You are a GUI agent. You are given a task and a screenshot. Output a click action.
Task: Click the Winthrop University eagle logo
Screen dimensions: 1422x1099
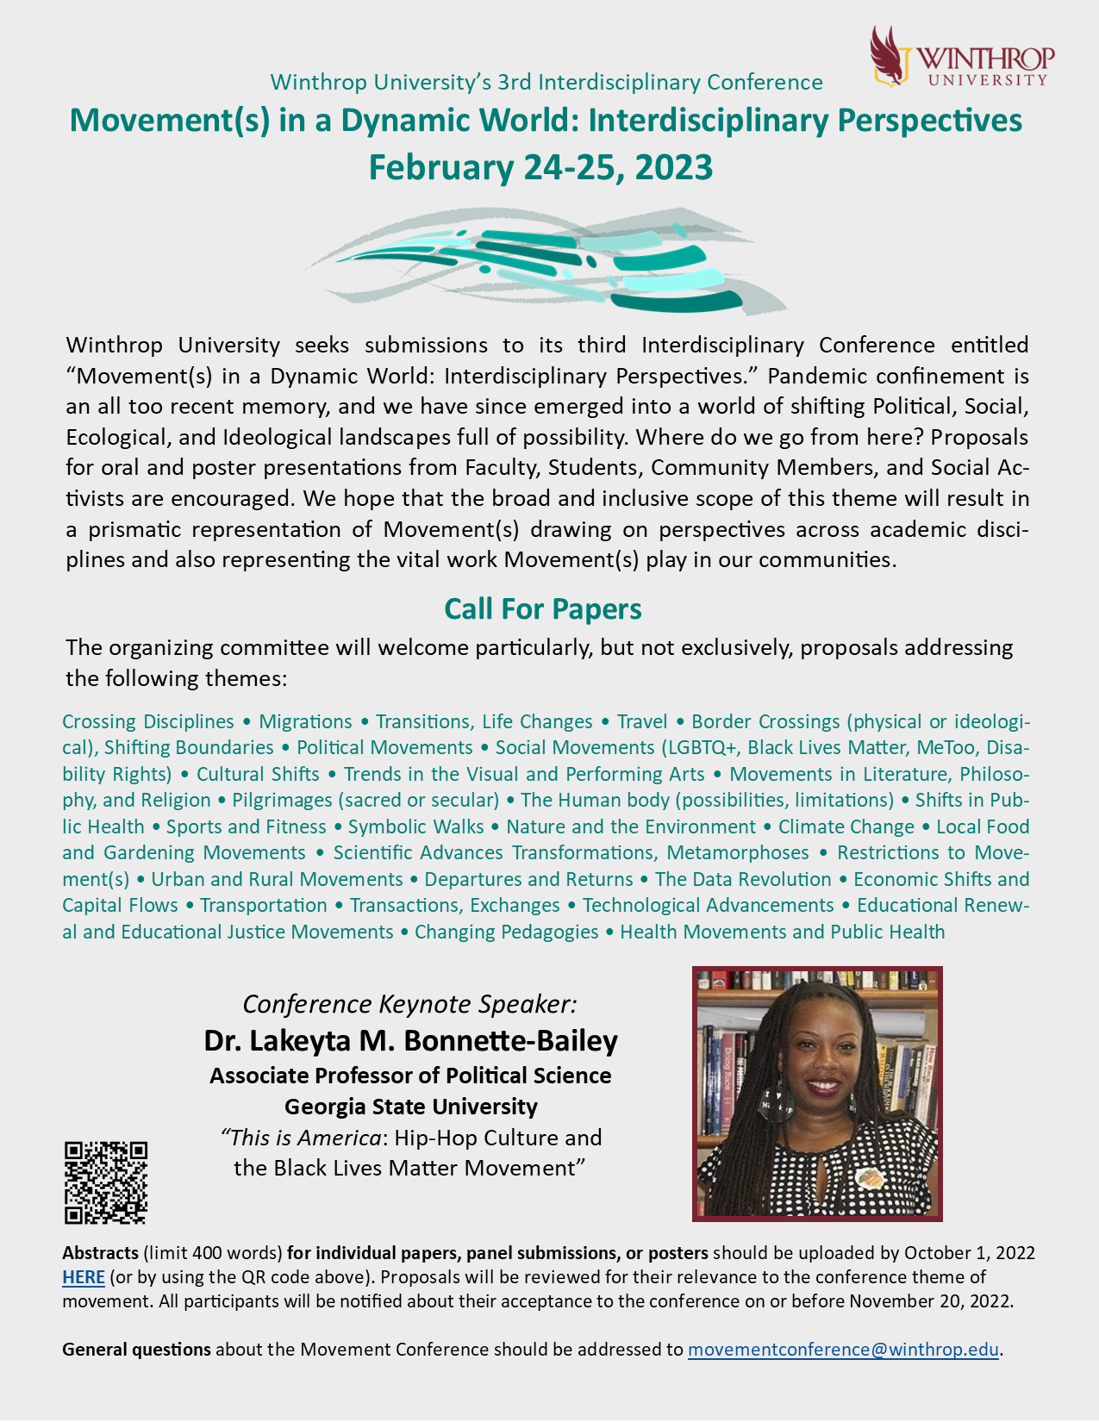(892, 56)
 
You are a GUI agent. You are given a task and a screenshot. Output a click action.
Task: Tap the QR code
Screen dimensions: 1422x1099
(106, 1182)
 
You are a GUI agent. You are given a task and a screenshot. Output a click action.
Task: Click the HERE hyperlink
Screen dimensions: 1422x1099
(83, 1277)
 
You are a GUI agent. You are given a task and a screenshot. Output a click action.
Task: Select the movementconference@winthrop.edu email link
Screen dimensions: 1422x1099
(842, 1350)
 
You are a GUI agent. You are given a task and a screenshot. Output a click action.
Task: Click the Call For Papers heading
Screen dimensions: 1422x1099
(542, 609)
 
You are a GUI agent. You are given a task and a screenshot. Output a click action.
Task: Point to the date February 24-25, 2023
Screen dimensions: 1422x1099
(540, 167)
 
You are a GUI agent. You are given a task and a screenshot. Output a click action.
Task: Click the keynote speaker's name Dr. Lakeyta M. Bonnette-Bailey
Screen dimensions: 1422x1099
(410, 1041)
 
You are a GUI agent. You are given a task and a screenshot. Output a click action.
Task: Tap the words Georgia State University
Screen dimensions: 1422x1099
(410, 1107)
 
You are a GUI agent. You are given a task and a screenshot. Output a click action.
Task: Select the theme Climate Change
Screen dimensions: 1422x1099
(846, 827)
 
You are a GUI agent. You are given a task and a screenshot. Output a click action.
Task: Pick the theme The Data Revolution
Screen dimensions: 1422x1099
(742, 880)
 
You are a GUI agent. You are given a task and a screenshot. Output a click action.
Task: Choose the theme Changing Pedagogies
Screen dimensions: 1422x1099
(506, 932)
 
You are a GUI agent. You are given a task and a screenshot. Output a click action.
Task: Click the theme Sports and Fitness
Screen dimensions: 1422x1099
(246, 827)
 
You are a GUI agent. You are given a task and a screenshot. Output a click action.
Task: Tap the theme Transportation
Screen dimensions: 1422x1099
(263, 906)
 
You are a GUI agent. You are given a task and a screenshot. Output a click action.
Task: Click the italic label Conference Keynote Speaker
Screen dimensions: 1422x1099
(409, 1004)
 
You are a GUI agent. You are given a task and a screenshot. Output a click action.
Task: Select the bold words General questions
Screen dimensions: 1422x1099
(136, 1350)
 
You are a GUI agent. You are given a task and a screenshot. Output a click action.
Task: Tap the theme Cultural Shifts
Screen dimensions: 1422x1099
(258, 775)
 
